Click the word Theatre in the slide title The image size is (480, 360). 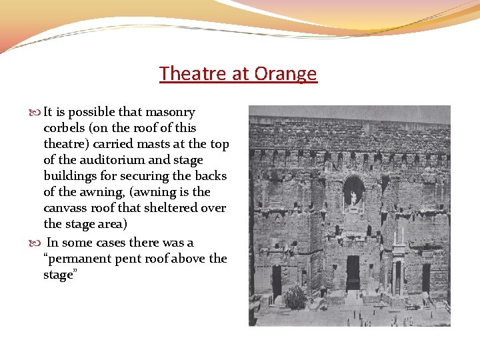(x=193, y=73)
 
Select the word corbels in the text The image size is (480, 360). (x=65, y=128)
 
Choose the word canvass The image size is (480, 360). (x=65, y=208)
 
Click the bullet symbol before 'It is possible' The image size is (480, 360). (x=36, y=113)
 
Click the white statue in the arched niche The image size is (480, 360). (x=353, y=197)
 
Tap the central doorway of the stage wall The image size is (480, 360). (x=353, y=272)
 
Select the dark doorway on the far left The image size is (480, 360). (x=276, y=280)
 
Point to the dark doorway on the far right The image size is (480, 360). (x=426, y=277)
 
